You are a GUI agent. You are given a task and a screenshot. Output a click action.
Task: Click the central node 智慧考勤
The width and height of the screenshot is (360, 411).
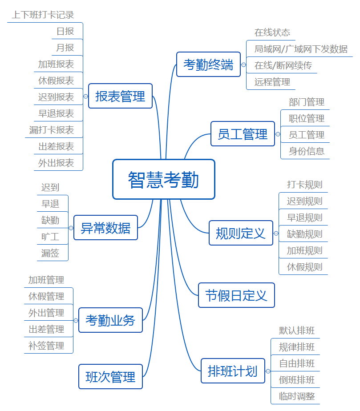coord(164,179)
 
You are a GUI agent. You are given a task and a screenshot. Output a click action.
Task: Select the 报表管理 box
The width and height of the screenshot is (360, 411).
coord(120,96)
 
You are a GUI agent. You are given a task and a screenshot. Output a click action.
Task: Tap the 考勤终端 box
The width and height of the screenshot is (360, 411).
coord(208,64)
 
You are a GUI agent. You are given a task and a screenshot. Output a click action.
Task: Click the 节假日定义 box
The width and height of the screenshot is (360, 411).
coord(236,295)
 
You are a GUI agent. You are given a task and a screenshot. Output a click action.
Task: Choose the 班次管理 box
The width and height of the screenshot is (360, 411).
coord(110,376)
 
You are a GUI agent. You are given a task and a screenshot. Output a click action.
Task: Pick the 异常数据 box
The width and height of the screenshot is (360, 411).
coord(105,228)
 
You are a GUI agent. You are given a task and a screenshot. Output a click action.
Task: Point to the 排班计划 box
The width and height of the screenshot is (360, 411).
coord(233,371)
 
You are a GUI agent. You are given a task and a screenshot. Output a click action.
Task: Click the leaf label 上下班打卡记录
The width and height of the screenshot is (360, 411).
coord(43,15)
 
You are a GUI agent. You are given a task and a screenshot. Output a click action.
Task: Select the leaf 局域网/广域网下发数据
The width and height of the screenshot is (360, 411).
coord(301,49)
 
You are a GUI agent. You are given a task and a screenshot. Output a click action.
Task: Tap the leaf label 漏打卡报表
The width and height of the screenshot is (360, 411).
coord(52,130)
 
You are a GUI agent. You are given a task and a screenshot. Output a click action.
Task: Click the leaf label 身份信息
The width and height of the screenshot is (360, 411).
coord(307,151)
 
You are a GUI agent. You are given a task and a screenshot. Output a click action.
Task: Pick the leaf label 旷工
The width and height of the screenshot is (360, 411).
coord(50,237)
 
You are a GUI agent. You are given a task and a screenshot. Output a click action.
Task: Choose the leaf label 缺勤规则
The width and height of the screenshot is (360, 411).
coord(305,234)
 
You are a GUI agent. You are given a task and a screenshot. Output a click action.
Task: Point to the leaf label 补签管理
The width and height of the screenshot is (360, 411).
coord(46,346)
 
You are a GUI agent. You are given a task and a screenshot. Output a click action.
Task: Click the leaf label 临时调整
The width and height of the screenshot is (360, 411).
coord(297,396)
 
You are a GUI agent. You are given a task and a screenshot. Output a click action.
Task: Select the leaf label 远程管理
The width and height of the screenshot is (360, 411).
coord(272,82)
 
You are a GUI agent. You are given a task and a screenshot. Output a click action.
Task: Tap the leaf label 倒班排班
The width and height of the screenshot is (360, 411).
coord(297,380)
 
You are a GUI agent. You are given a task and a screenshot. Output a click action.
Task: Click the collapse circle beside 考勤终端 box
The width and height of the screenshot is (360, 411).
coord(243,64)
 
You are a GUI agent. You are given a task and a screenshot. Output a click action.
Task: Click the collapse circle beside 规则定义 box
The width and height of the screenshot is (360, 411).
coord(276,233)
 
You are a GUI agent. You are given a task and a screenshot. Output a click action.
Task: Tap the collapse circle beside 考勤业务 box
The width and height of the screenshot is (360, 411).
coord(76,320)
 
